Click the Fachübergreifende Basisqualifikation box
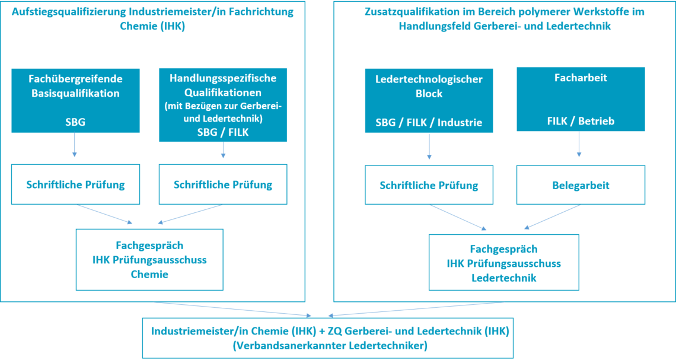[75, 100]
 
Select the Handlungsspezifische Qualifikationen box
[223, 104]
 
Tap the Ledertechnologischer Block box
[429, 100]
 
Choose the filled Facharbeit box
[581, 98]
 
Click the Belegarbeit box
[581, 186]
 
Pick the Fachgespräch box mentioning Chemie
[149, 260]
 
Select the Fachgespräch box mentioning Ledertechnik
[503, 263]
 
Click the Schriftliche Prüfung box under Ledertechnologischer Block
[429, 186]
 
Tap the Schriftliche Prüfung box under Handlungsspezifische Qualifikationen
[223, 184]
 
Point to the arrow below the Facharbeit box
[579, 144]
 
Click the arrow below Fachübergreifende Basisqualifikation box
[75, 145]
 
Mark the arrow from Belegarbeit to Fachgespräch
[552, 216]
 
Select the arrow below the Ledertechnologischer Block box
[429, 146]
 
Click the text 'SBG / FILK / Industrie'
[429, 123]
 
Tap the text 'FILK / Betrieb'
[581, 121]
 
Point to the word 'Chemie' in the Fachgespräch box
[149, 274]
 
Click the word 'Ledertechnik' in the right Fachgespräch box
[503, 278]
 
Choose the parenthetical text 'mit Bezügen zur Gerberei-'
[223, 107]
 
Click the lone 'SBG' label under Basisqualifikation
[75, 122]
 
